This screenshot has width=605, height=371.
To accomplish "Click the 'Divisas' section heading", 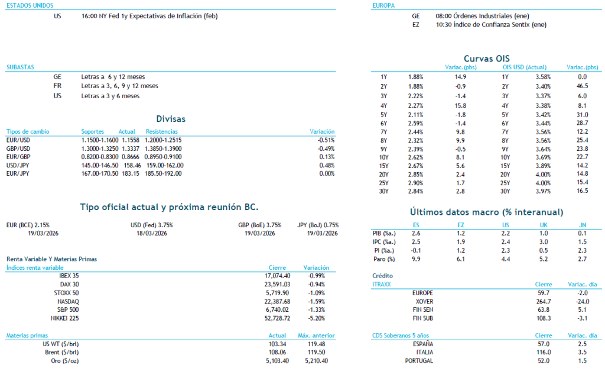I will [x=171, y=119].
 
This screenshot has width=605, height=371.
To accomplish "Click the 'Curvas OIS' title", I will [x=486, y=58].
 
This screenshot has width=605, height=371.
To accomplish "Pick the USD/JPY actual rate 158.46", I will [x=127, y=165].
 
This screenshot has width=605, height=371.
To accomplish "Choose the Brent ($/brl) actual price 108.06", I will [x=277, y=352].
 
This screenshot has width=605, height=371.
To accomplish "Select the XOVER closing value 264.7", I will [x=543, y=301].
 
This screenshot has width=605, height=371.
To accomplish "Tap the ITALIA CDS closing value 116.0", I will [x=543, y=352].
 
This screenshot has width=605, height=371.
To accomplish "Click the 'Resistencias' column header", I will [x=162, y=131].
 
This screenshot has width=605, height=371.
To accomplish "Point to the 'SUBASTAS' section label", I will [x=19, y=67].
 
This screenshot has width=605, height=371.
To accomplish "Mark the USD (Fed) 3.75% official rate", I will [x=152, y=225].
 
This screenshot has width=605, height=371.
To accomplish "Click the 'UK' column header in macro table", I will [x=544, y=225].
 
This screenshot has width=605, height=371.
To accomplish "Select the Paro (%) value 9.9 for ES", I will [x=416, y=259].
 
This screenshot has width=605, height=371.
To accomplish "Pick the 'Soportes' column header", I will [x=93, y=131].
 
